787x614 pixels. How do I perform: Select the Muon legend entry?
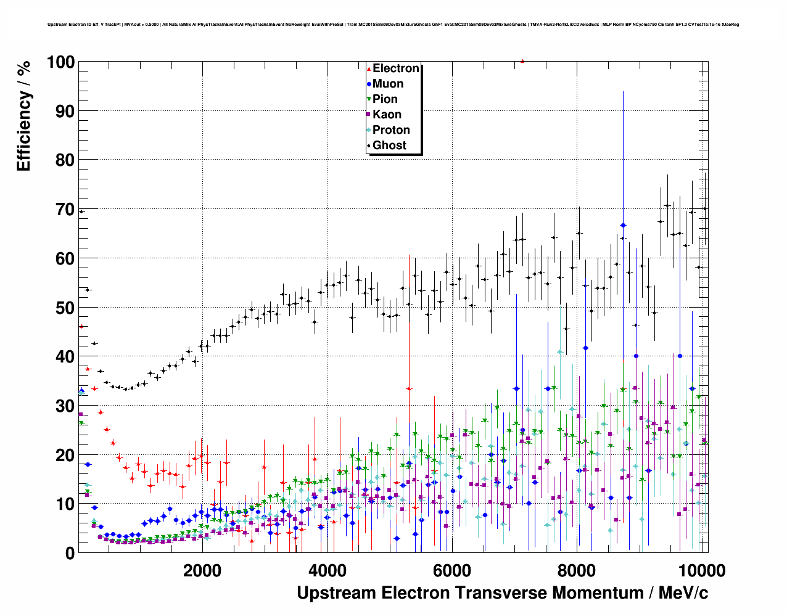click(387, 84)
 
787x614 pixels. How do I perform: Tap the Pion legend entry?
click(385, 99)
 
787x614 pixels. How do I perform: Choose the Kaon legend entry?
click(387, 115)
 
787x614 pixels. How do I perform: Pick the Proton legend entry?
click(391, 130)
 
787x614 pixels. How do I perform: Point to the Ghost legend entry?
click(389, 145)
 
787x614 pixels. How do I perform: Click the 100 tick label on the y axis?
click(60, 62)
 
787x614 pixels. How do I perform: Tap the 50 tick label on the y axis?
click(65, 308)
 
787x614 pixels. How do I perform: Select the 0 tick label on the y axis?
click(70, 553)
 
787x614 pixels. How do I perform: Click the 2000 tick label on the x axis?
click(202, 570)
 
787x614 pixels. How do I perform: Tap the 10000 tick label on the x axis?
click(701, 570)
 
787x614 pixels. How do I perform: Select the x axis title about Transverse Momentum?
click(502, 593)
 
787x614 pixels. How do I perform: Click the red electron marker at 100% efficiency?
click(522, 61)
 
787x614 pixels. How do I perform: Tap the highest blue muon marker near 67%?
click(623, 226)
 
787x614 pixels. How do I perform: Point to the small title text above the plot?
click(393, 25)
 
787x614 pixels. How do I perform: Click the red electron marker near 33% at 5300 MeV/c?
click(409, 389)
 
